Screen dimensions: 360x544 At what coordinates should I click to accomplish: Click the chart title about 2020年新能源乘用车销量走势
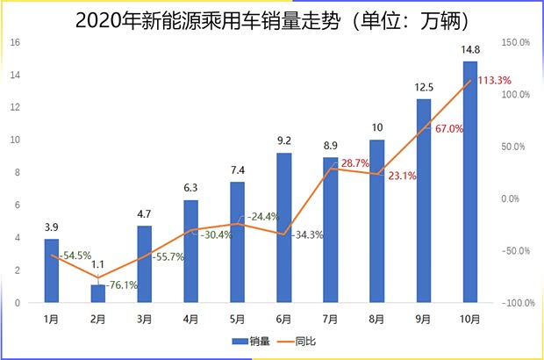click(272, 18)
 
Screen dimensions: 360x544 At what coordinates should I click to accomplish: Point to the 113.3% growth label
click(495, 81)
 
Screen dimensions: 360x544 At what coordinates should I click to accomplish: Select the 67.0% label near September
click(447, 129)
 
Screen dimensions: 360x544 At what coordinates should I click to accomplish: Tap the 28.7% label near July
click(354, 163)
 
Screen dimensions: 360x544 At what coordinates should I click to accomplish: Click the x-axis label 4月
click(191, 318)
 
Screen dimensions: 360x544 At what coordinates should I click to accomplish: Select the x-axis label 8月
click(377, 318)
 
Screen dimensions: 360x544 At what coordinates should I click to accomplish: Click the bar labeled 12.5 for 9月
click(424, 202)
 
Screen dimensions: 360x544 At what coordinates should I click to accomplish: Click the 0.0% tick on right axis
click(510, 198)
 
